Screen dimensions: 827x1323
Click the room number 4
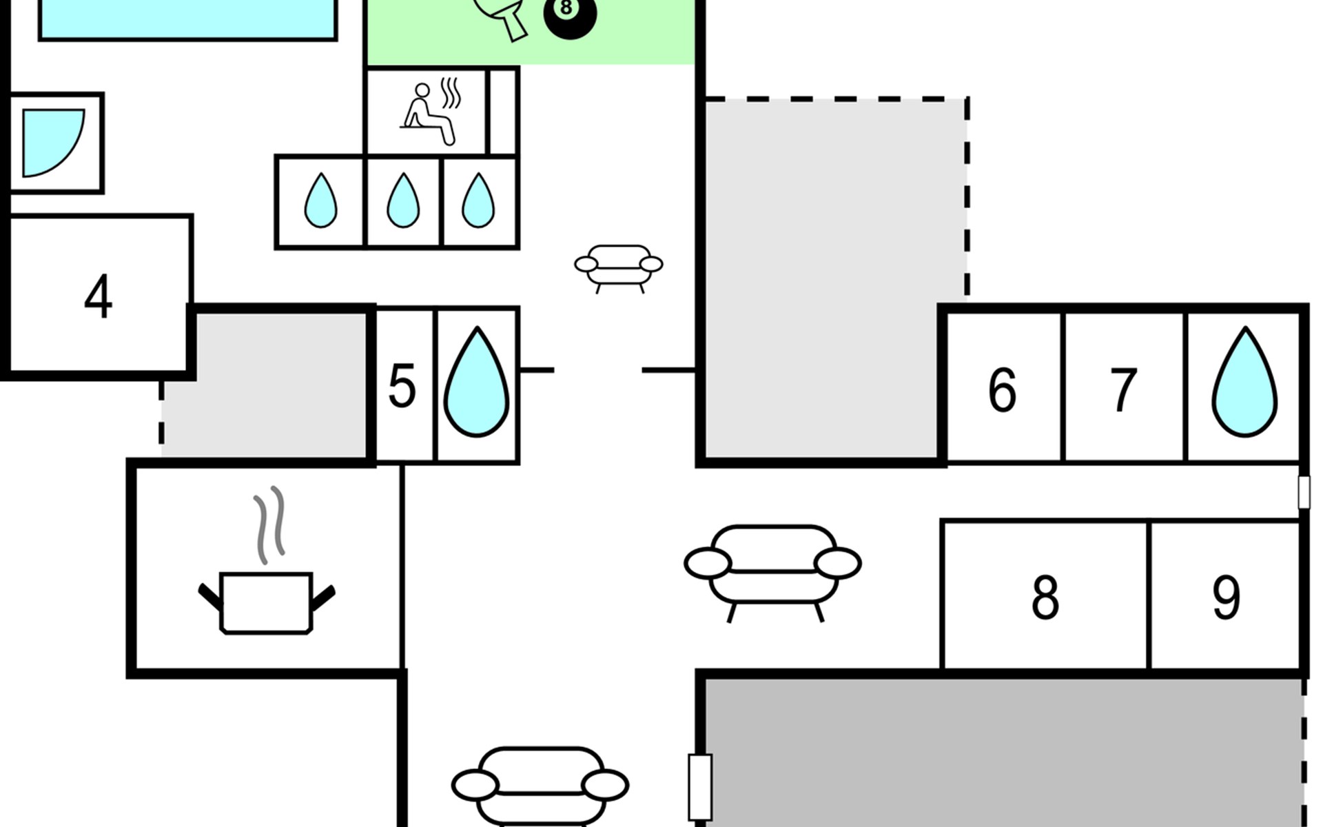(98, 297)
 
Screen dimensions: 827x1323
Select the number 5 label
(402, 387)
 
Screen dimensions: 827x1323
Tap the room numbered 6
(1002, 390)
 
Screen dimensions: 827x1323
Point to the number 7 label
(1123, 390)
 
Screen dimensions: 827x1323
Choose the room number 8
(1045, 597)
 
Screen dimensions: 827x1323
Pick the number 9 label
(1227, 597)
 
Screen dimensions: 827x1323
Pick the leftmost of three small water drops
(320, 201)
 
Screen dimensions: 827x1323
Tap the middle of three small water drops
(403, 201)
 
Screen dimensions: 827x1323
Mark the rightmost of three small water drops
(478, 201)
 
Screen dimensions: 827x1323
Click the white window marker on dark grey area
(700, 787)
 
